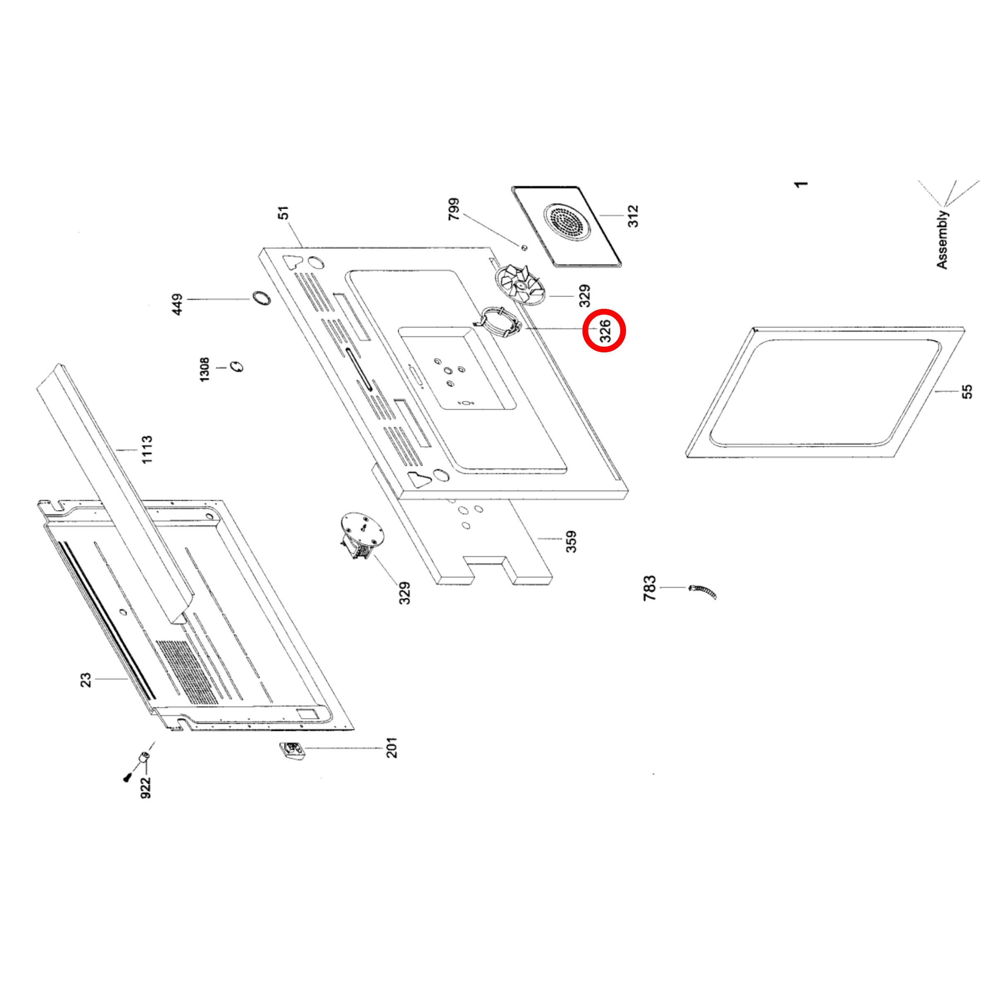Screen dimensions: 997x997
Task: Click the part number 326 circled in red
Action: tap(605, 331)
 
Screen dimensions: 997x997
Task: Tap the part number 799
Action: tap(454, 209)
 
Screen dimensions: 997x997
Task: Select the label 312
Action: tap(633, 216)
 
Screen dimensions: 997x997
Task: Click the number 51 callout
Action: tap(283, 213)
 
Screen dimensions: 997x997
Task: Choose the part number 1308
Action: tap(205, 369)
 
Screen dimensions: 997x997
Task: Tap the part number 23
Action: tap(85, 679)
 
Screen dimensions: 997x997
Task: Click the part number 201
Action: tap(392, 748)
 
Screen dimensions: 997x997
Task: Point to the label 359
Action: tap(571, 541)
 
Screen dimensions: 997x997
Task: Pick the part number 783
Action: tap(649, 588)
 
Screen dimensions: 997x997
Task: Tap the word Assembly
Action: tap(942, 239)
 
